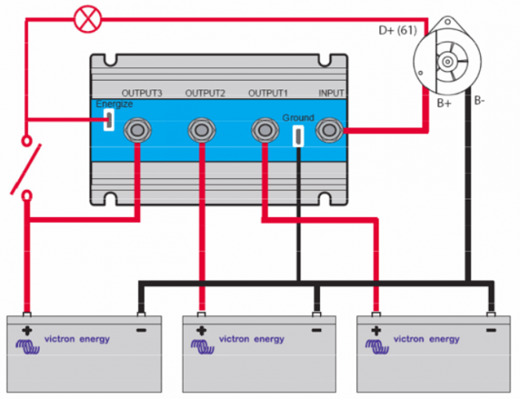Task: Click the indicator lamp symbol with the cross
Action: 83,18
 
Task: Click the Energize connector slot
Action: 108,120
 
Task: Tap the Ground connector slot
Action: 298,136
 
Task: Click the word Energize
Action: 114,105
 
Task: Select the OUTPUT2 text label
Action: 205,93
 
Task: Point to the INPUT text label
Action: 331,93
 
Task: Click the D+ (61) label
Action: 397,31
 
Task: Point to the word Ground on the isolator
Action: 297,117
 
